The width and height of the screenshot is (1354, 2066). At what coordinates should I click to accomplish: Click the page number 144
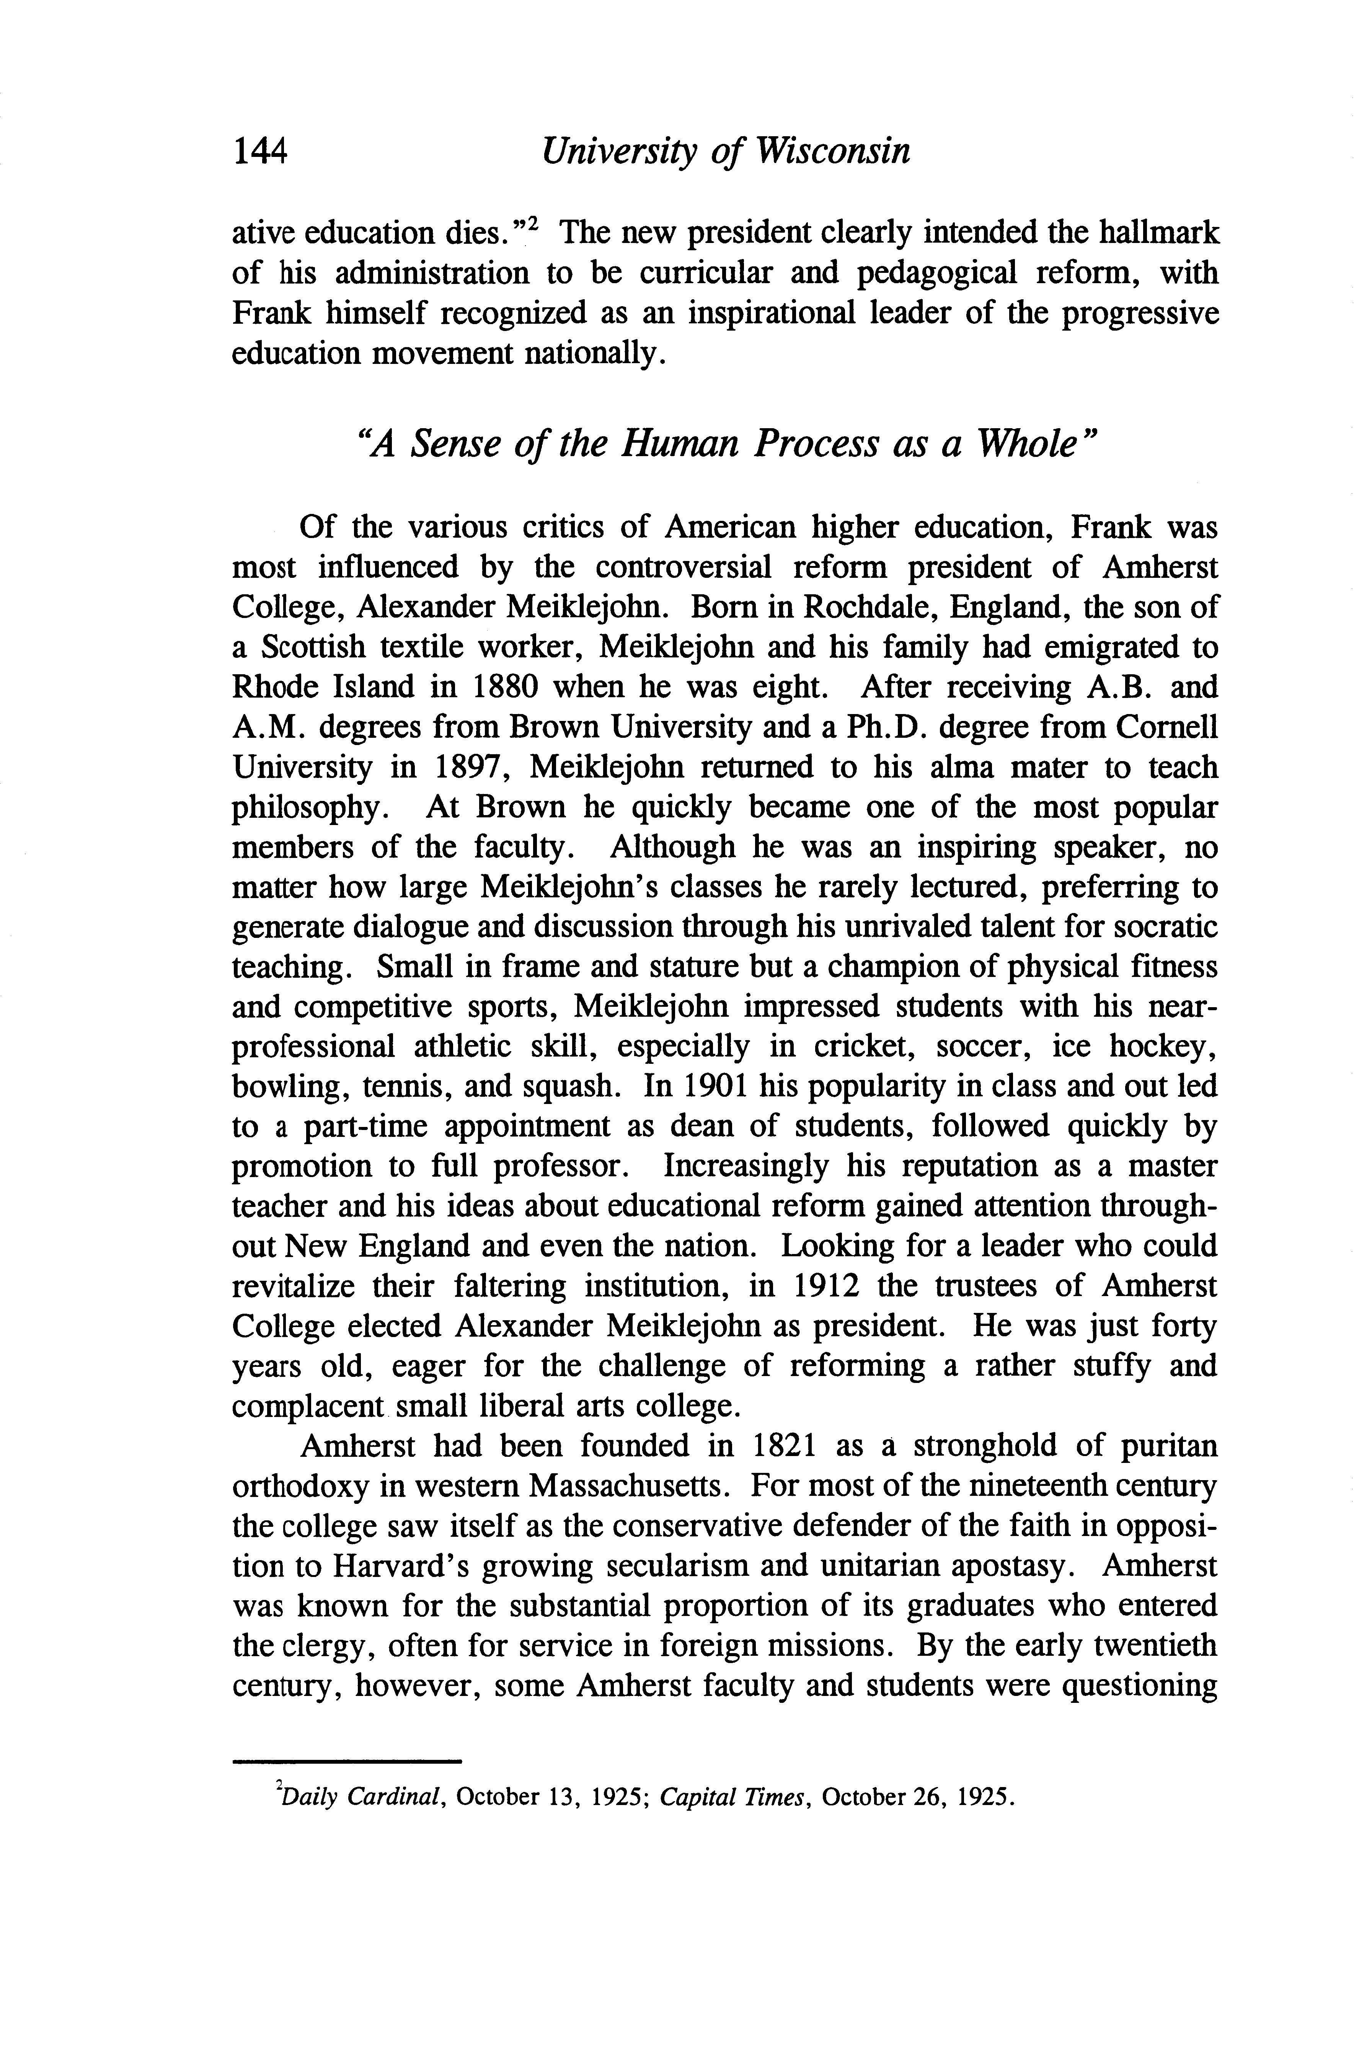259,152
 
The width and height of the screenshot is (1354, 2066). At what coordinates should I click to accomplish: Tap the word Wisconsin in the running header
833,152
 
